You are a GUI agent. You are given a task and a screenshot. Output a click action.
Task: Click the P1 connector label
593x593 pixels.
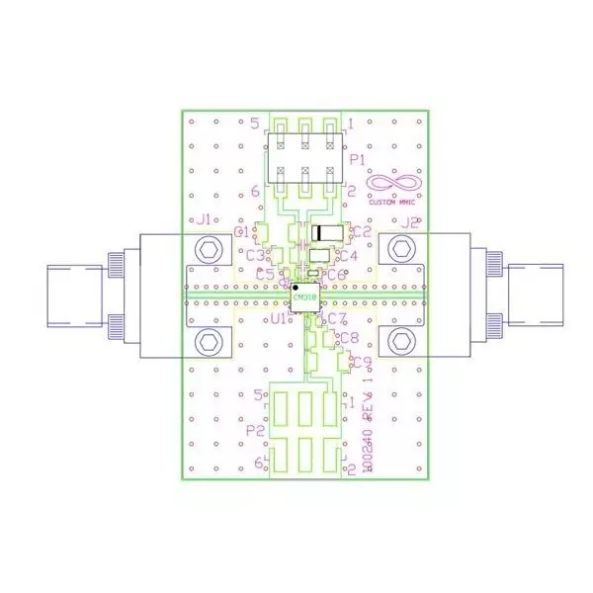click(358, 158)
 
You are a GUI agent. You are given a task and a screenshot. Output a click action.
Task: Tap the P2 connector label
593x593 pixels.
click(254, 431)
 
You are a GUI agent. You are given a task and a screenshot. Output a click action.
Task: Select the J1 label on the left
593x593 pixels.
click(206, 220)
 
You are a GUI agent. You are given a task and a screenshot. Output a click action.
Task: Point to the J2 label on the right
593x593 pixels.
click(408, 222)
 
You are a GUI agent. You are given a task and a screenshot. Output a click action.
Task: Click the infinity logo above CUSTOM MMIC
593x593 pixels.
click(394, 183)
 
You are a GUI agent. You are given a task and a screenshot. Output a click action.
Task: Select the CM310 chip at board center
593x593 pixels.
click(304, 296)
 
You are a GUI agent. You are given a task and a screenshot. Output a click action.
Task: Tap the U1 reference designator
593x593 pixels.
click(279, 319)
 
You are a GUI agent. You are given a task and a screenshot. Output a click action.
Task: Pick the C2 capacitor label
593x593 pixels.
click(362, 231)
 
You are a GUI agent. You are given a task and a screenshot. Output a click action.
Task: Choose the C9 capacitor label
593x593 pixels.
click(362, 362)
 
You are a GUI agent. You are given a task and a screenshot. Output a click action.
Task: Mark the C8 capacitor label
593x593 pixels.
click(348, 339)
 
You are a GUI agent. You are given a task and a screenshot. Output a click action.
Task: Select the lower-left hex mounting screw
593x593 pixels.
click(209, 343)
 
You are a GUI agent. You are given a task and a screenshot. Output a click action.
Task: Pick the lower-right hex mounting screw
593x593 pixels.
click(400, 343)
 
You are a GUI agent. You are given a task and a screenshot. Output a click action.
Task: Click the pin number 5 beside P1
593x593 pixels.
click(255, 124)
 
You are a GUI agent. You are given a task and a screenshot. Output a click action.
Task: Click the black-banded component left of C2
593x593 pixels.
click(328, 233)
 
